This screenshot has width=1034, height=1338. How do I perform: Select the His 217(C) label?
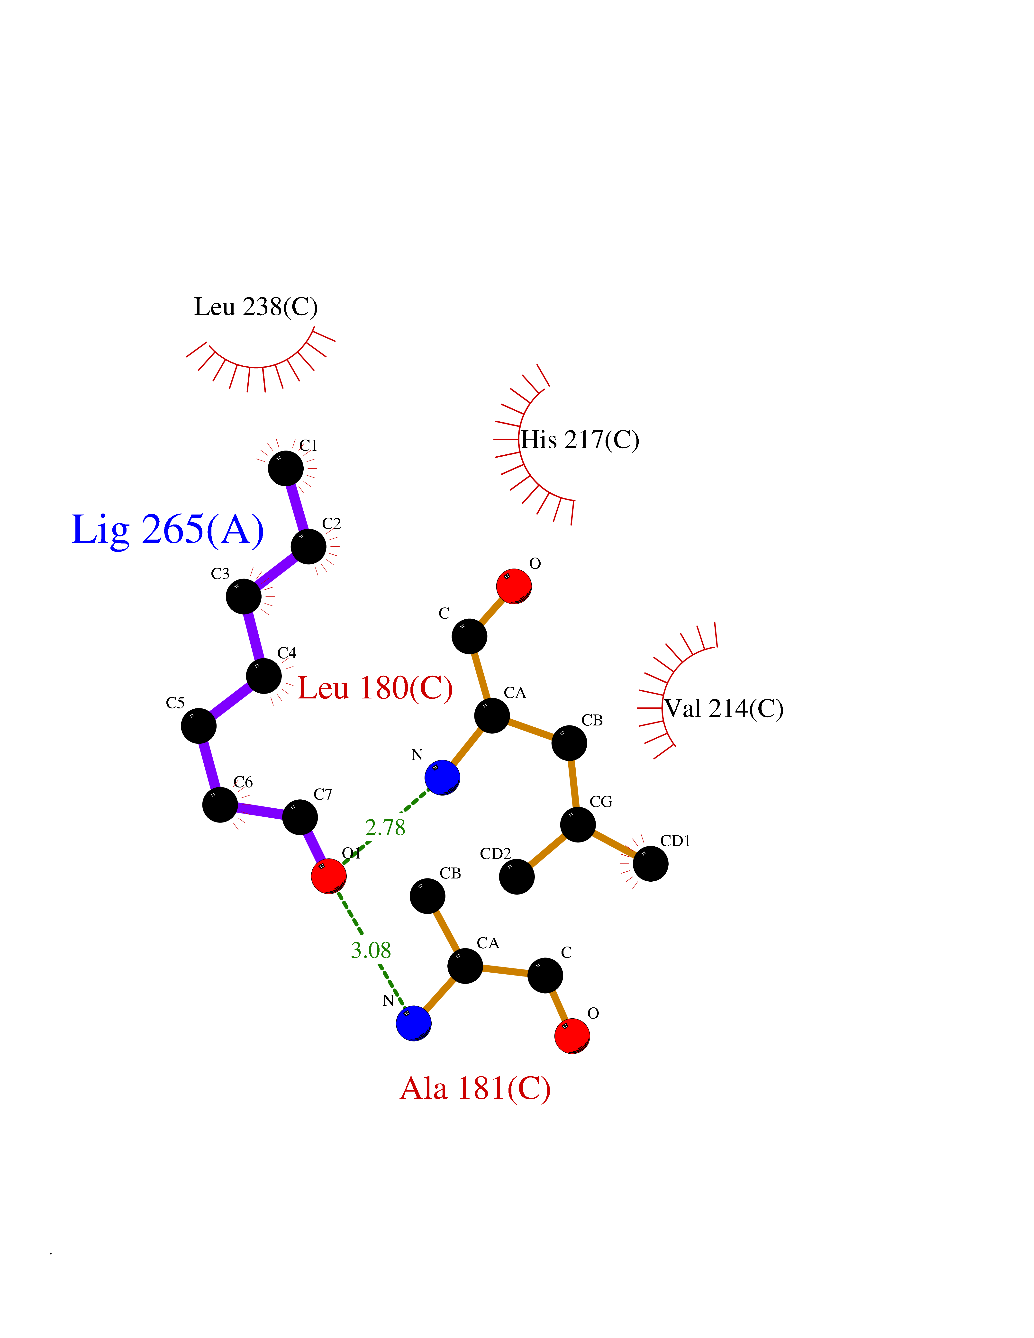point(580,440)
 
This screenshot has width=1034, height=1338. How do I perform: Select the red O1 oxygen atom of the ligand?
point(328,876)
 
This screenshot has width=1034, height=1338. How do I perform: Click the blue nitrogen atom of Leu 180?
point(442,777)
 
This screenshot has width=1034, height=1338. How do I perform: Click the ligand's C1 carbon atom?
point(285,469)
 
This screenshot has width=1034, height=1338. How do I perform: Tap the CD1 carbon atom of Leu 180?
point(650,864)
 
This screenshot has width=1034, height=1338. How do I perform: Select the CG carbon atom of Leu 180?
point(578,825)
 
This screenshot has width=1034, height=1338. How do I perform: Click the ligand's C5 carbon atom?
point(199,726)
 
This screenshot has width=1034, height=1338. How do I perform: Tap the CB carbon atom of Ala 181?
point(427,896)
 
